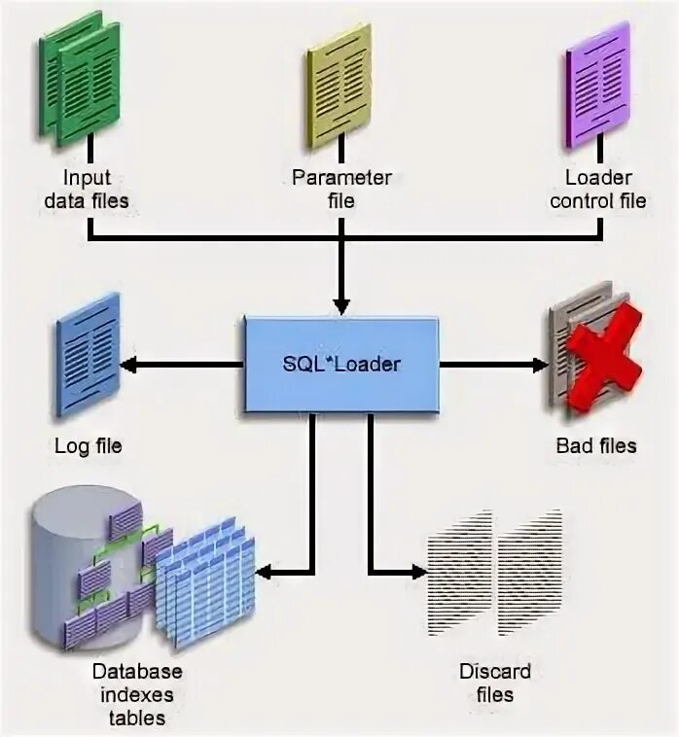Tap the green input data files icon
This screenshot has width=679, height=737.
[x=80, y=80]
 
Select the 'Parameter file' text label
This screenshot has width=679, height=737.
[x=341, y=190]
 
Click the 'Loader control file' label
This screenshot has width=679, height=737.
[x=597, y=190]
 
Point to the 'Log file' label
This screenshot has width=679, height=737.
[x=89, y=446]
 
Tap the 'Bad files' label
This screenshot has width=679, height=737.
[x=596, y=446]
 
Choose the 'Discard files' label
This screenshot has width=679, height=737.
[x=495, y=683]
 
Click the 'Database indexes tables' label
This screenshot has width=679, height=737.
[x=137, y=694]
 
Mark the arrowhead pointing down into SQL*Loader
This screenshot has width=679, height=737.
[x=340, y=302]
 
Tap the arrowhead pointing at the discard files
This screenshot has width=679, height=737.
[x=418, y=572]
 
